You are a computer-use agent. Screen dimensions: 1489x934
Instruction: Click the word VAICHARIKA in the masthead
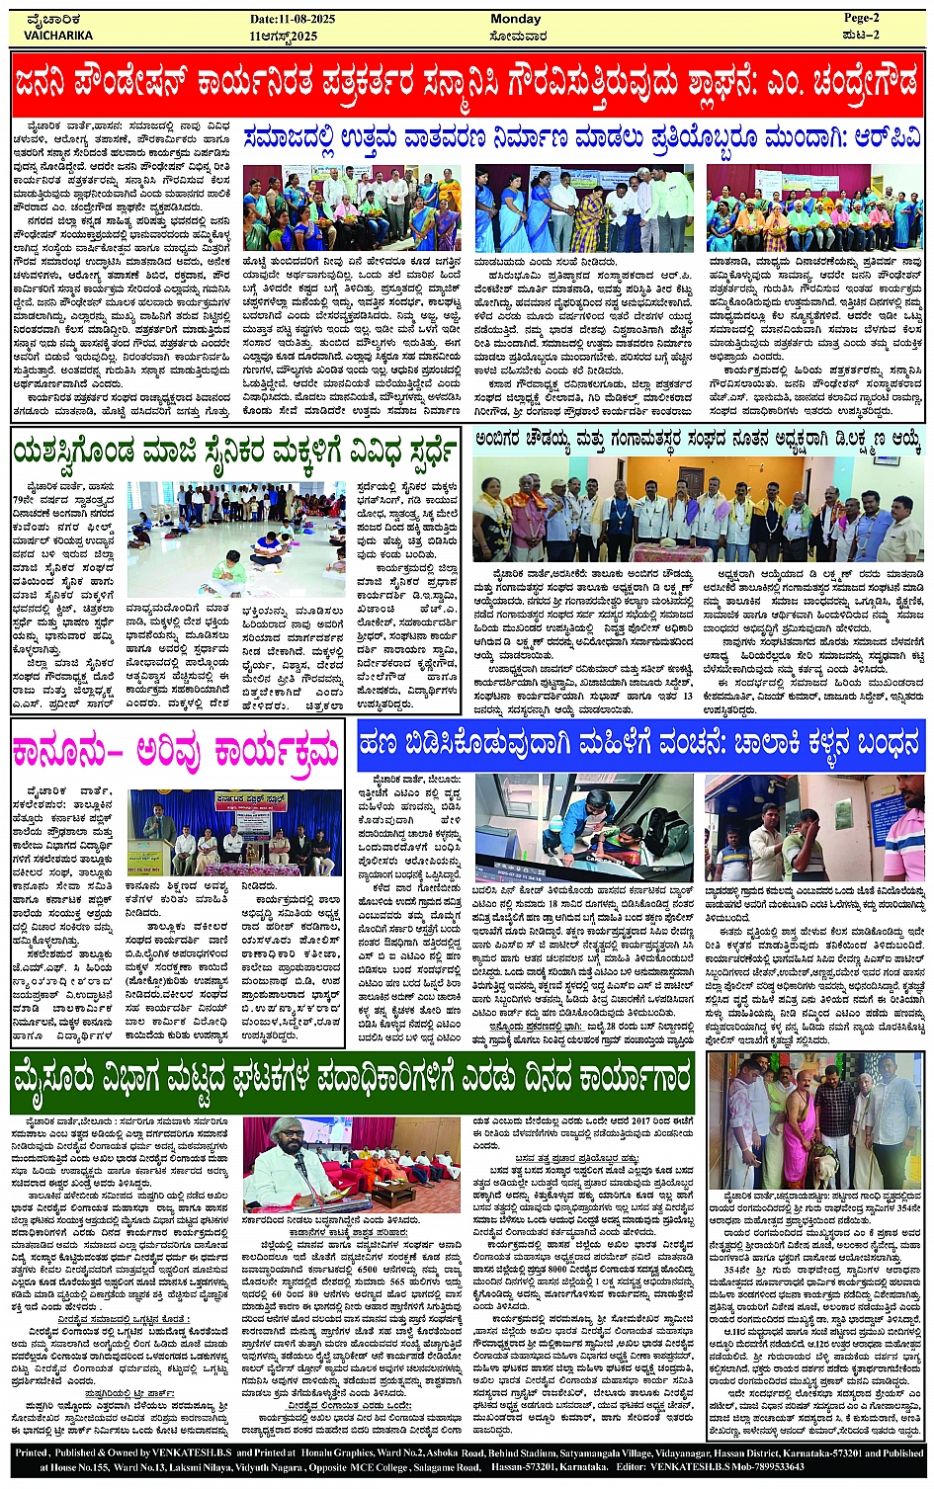[x=58, y=36]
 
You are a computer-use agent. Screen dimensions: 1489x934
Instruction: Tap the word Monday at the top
[x=515, y=19]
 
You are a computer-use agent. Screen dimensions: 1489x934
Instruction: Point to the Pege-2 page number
[x=861, y=18]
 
